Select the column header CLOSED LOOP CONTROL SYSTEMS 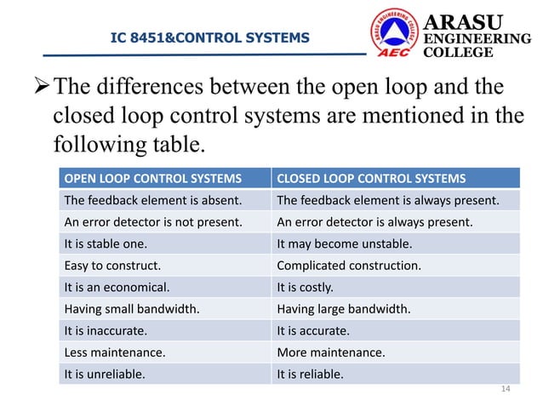click(x=371, y=179)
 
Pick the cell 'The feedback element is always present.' click(x=387, y=201)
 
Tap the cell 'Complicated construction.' click(x=349, y=265)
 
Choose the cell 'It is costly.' click(x=306, y=287)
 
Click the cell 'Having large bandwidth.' click(x=344, y=308)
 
